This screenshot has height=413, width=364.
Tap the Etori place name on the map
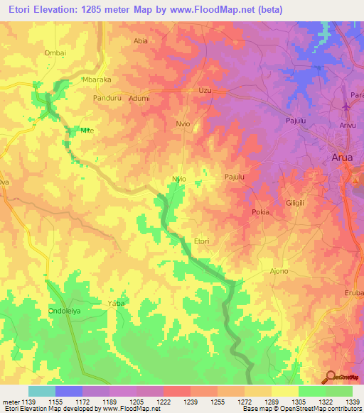[x=202, y=242]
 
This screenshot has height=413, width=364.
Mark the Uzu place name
[x=205, y=91]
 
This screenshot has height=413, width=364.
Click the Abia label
[x=141, y=41]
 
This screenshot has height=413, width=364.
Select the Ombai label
[x=55, y=53]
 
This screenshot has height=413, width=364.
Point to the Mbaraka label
[x=97, y=80]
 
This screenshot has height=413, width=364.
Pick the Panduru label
[x=107, y=99]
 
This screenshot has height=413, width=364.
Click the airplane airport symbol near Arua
[x=346, y=106]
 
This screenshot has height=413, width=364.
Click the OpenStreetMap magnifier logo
[x=329, y=377]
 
